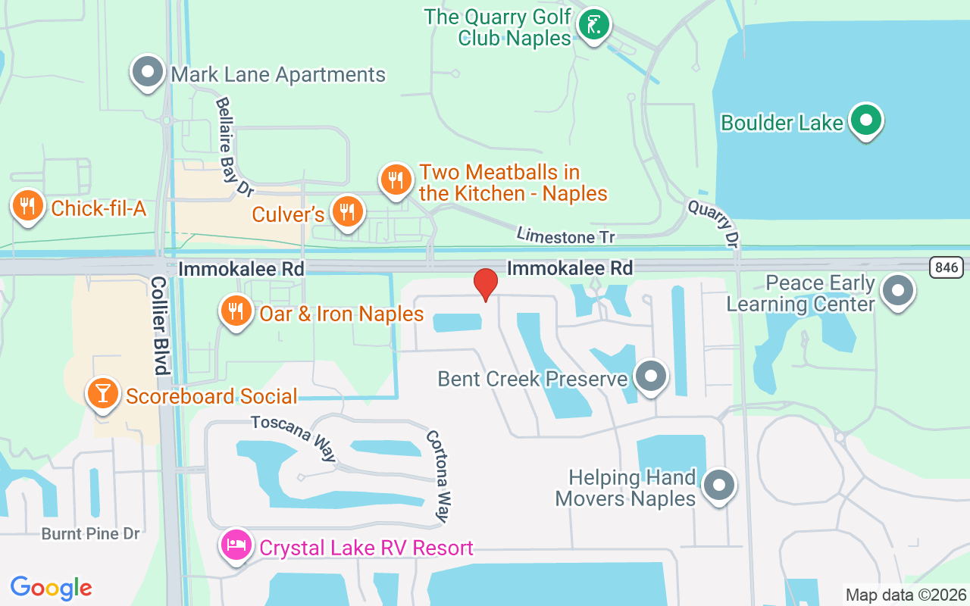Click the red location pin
point(485,285)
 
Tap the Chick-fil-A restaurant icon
point(27,205)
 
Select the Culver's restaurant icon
point(348,212)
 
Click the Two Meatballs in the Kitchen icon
point(396,180)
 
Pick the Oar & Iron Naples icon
point(236,311)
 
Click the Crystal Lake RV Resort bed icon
point(236,545)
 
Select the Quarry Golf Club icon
point(594,25)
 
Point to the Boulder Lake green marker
point(865,120)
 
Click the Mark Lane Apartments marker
point(148,73)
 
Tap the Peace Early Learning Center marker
point(898,290)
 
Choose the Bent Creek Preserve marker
point(649,376)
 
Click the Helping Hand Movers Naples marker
point(719,485)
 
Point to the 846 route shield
point(947,267)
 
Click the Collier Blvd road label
point(158,325)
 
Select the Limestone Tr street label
point(565,236)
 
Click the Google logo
point(52,587)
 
